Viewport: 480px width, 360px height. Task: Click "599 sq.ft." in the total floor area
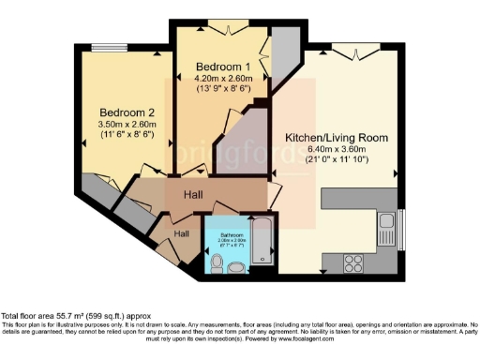pos(102,317)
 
